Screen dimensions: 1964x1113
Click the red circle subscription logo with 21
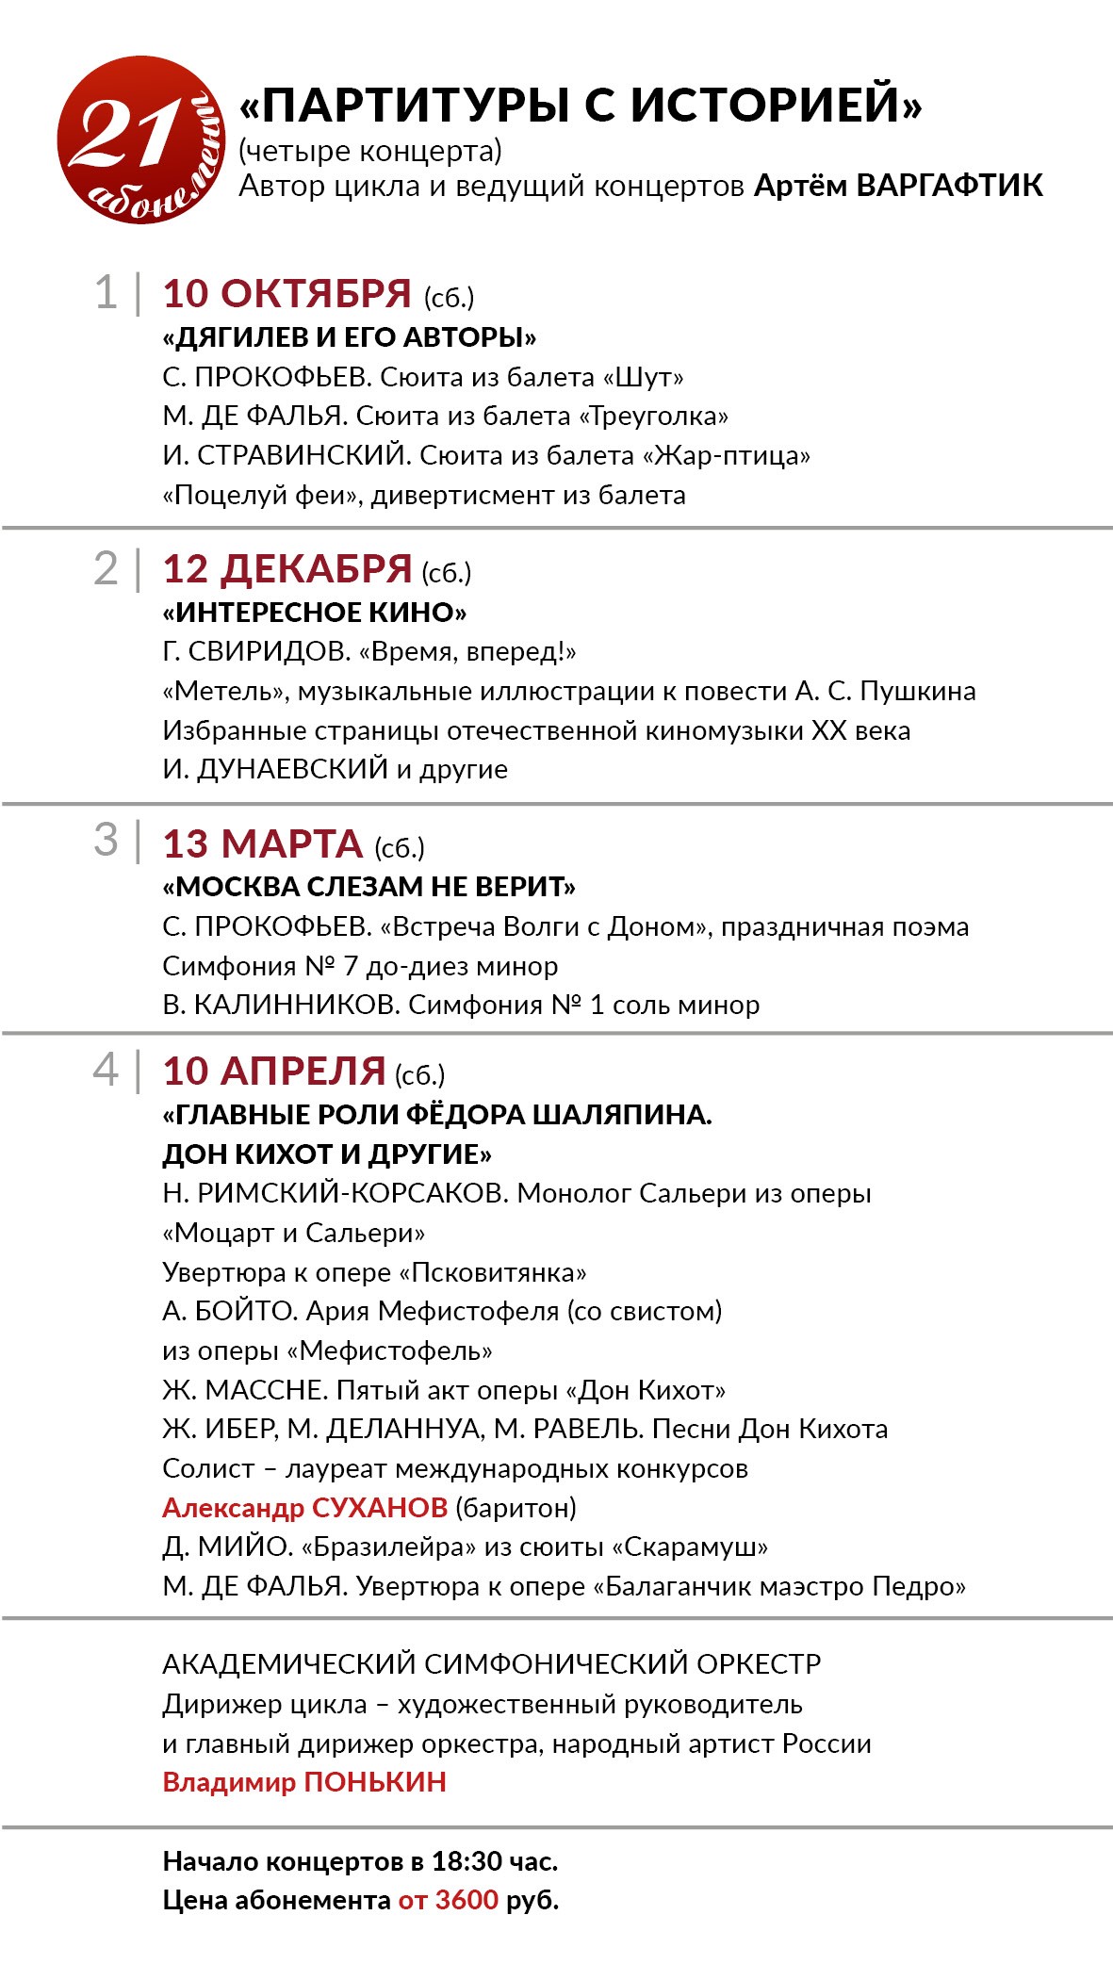tap(141, 139)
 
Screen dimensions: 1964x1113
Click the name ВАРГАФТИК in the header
tap(950, 186)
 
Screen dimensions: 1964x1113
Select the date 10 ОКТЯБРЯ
tap(286, 294)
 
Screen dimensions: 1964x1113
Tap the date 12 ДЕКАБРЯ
tap(286, 569)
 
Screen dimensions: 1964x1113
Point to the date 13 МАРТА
tap(263, 844)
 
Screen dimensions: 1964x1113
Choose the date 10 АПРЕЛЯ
tap(274, 1072)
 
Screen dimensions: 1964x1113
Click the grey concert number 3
tap(106, 840)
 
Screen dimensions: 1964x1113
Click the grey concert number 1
tap(106, 292)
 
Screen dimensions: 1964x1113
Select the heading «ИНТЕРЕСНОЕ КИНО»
tap(315, 613)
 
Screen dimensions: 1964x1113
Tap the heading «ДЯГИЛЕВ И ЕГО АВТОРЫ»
tap(350, 337)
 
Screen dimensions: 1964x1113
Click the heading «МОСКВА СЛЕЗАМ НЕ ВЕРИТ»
tap(369, 887)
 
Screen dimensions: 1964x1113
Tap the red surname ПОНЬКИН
tap(375, 1782)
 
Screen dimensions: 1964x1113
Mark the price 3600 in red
tap(466, 1900)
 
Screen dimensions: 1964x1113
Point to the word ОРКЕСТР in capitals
tap(760, 1664)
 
